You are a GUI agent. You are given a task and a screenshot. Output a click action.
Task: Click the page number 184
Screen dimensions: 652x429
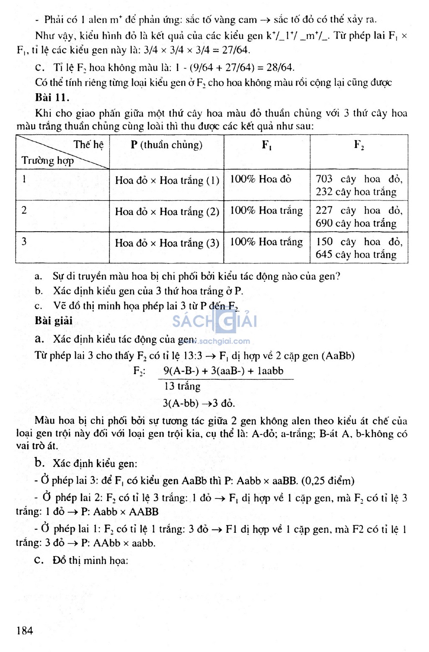25,630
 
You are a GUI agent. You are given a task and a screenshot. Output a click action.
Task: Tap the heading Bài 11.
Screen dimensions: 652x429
52,97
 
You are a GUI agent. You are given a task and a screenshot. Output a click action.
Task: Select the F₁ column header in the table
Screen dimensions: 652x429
266,145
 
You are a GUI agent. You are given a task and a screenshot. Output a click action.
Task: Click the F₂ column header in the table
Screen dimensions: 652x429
359,145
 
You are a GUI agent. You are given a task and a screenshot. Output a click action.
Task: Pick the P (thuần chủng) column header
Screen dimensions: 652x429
166,145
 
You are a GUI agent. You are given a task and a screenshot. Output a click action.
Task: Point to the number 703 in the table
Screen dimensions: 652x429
324,179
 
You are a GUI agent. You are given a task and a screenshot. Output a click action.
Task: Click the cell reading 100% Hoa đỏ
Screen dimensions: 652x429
261,179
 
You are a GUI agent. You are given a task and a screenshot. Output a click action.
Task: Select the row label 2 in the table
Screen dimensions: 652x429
24,210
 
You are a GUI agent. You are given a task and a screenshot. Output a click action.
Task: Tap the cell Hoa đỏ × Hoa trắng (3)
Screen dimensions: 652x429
167,243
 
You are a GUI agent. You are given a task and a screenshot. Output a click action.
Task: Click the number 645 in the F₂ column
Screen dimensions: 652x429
324,254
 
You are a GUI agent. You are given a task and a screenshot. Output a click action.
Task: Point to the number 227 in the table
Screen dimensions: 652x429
324,210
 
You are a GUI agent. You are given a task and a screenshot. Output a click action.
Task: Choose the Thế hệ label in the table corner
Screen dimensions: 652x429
88,145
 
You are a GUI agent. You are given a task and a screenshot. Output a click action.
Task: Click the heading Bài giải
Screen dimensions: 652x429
54,321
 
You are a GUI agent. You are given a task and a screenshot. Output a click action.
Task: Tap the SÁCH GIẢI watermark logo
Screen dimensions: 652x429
214,321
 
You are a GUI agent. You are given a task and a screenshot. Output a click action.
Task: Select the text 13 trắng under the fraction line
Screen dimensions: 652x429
182,386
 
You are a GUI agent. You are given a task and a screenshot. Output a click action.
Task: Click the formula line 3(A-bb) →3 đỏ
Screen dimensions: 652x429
199,403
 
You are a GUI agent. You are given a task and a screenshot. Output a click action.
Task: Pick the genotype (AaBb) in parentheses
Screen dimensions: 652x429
338,356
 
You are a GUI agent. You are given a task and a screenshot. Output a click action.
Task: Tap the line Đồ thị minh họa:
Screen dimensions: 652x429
90,560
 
